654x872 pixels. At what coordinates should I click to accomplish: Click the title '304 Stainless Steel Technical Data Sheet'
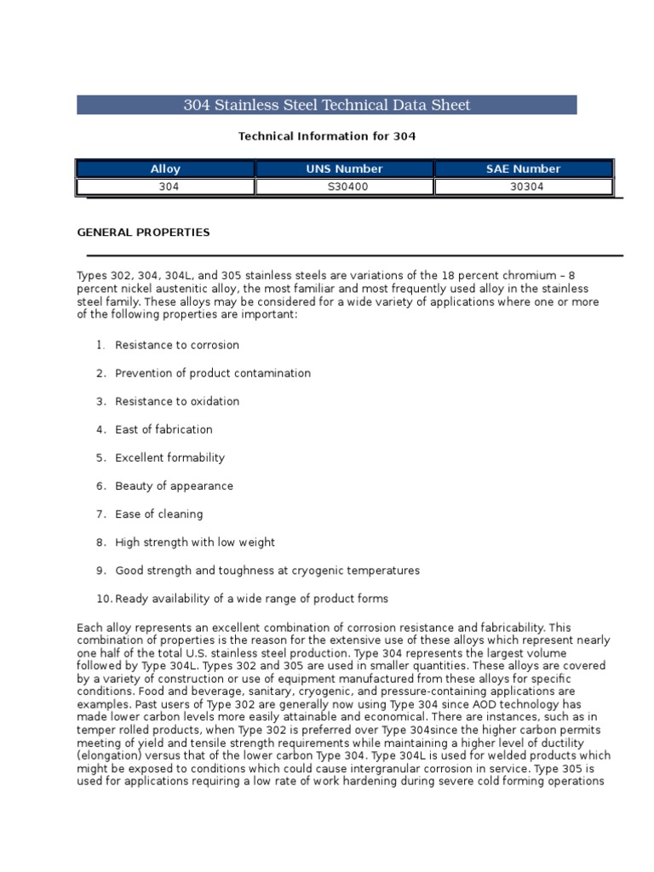327,106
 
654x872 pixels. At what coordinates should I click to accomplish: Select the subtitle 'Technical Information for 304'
327,136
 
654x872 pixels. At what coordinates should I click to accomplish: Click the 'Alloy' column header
165,169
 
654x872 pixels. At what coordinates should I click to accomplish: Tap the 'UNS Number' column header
344,169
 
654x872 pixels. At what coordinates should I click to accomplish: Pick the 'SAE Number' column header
523,169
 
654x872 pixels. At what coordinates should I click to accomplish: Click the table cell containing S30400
344,186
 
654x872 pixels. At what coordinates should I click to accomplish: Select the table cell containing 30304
523,186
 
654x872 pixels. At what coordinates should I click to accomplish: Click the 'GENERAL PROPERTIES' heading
143,232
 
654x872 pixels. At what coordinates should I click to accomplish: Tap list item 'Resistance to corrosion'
177,346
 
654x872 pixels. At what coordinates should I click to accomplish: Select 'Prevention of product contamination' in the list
213,374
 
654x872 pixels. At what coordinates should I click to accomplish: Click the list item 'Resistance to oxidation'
177,402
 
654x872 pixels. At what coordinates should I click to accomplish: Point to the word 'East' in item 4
127,430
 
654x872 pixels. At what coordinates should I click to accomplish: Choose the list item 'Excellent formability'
170,458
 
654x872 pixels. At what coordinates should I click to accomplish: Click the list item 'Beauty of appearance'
174,486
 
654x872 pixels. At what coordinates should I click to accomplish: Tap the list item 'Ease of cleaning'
159,514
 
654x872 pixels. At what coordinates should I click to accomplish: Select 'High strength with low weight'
195,542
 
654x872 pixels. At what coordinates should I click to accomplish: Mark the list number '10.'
104,599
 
